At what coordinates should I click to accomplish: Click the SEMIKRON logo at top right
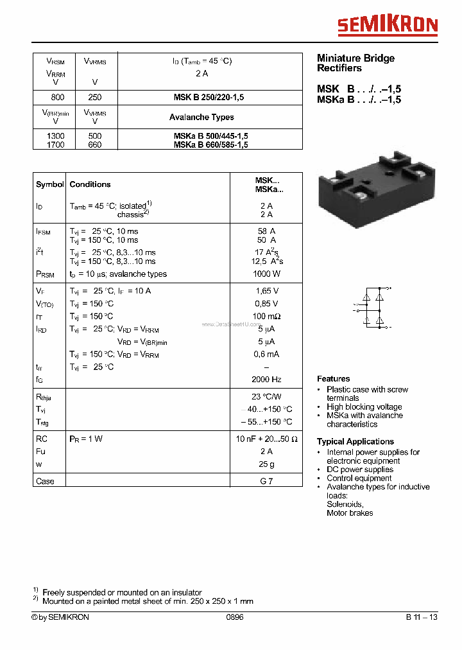(388, 25)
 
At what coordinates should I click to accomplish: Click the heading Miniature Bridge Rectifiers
(355, 63)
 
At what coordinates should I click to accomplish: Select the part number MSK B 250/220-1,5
(209, 98)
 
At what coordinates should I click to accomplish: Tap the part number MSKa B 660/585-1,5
(210, 145)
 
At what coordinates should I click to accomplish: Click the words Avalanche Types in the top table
(201, 117)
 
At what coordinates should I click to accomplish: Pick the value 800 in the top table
(57, 98)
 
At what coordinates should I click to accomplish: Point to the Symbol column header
(49, 184)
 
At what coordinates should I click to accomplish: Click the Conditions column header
(90, 184)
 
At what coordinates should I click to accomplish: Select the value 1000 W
(266, 274)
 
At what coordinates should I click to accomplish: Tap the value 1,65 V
(266, 291)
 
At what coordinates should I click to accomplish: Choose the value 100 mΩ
(266, 316)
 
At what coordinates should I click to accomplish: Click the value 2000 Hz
(266, 380)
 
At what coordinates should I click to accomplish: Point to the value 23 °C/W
(266, 396)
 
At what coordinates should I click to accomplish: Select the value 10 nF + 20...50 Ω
(266, 439)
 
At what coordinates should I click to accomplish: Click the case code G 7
(266, 481)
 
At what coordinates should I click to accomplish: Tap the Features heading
(334, 379)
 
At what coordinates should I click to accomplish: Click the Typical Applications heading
(355, 441)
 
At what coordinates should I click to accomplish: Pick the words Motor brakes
(350, 513)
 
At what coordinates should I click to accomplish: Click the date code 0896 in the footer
(235, 617)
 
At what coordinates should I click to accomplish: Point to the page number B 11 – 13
(422, 617)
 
